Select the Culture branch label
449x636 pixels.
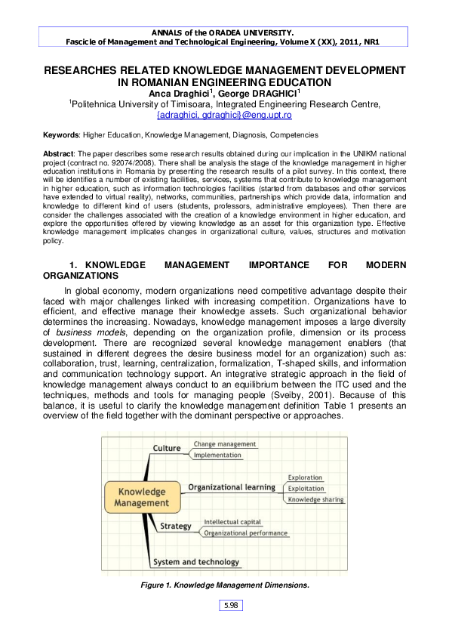[167, 448]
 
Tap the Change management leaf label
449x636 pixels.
[225, 444]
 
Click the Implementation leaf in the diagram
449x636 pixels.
[217, 455]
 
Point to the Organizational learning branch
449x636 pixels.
[231, 487]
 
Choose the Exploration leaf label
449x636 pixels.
[305, 477]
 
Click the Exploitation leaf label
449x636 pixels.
[306, 489]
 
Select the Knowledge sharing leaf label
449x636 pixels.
[315, 500]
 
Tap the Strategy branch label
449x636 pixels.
[176, 526]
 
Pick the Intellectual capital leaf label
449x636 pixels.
[232, 522]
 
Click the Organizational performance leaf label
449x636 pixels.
[245, 533]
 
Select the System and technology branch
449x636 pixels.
[196, 562]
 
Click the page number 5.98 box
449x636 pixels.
[231, 605]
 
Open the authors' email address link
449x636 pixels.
[223, 115]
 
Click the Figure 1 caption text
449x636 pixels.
[224, 585]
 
